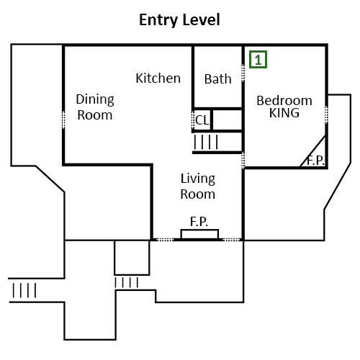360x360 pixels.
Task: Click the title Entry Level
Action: pos(179,20)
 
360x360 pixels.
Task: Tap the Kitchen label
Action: pos(158,78)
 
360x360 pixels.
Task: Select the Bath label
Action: pos(218,79)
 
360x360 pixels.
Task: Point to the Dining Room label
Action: pos(95,107)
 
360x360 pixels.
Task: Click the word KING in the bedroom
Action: pos(284,113)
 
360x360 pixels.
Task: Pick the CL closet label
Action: pos(202,120)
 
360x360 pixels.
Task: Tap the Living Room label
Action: pos(198,186)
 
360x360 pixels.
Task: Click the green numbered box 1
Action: pos(258,60)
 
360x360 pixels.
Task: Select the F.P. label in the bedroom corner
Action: pos(316,161)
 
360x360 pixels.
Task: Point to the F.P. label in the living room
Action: pos(199,221)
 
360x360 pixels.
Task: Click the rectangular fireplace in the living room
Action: pos(199,234)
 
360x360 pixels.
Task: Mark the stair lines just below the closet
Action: pos(206,142)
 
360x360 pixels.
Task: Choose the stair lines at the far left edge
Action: pos(24,290)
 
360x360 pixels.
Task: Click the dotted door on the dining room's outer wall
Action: pos(63,120)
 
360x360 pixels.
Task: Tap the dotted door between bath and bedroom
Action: pos(243,73)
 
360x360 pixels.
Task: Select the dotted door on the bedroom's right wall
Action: pos(326,114)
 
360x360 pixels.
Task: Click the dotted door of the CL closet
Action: pos(193,121)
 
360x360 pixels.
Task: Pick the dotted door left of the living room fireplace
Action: pos(165,240)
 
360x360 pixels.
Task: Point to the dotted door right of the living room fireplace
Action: pos(232,240)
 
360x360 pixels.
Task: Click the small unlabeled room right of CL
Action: pos(228,120)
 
